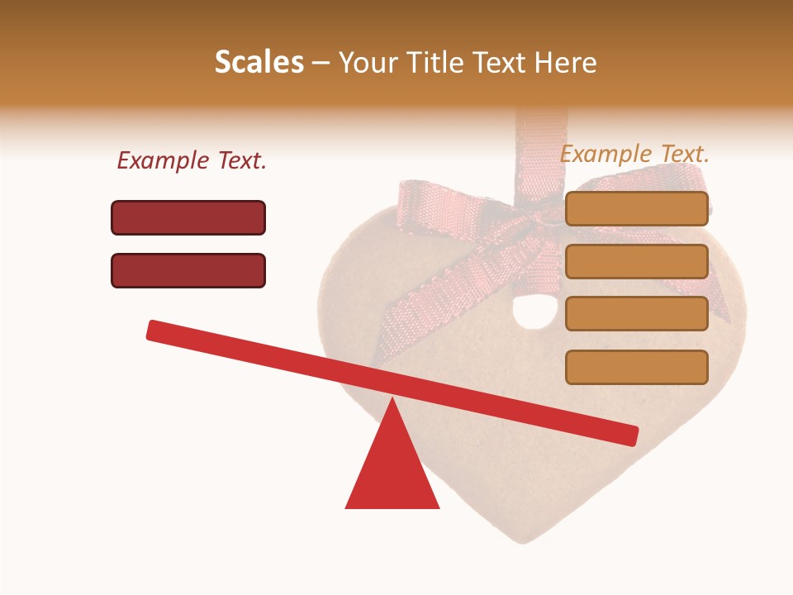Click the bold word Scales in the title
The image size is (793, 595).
259,63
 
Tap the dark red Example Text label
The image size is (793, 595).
192,161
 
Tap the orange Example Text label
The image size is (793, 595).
634,154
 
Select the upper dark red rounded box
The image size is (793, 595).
188,217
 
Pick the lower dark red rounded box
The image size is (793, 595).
188,270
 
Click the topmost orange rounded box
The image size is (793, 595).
637,208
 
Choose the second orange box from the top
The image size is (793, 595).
637,261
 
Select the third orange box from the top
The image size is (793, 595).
637,314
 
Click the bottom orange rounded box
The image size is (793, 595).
637,367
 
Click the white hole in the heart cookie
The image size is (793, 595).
525,312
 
